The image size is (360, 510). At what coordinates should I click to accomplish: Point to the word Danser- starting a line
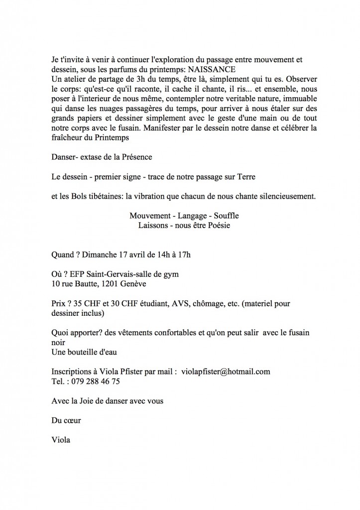[x=65, y=157]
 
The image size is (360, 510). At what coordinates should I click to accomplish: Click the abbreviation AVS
[x=168, y=304]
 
